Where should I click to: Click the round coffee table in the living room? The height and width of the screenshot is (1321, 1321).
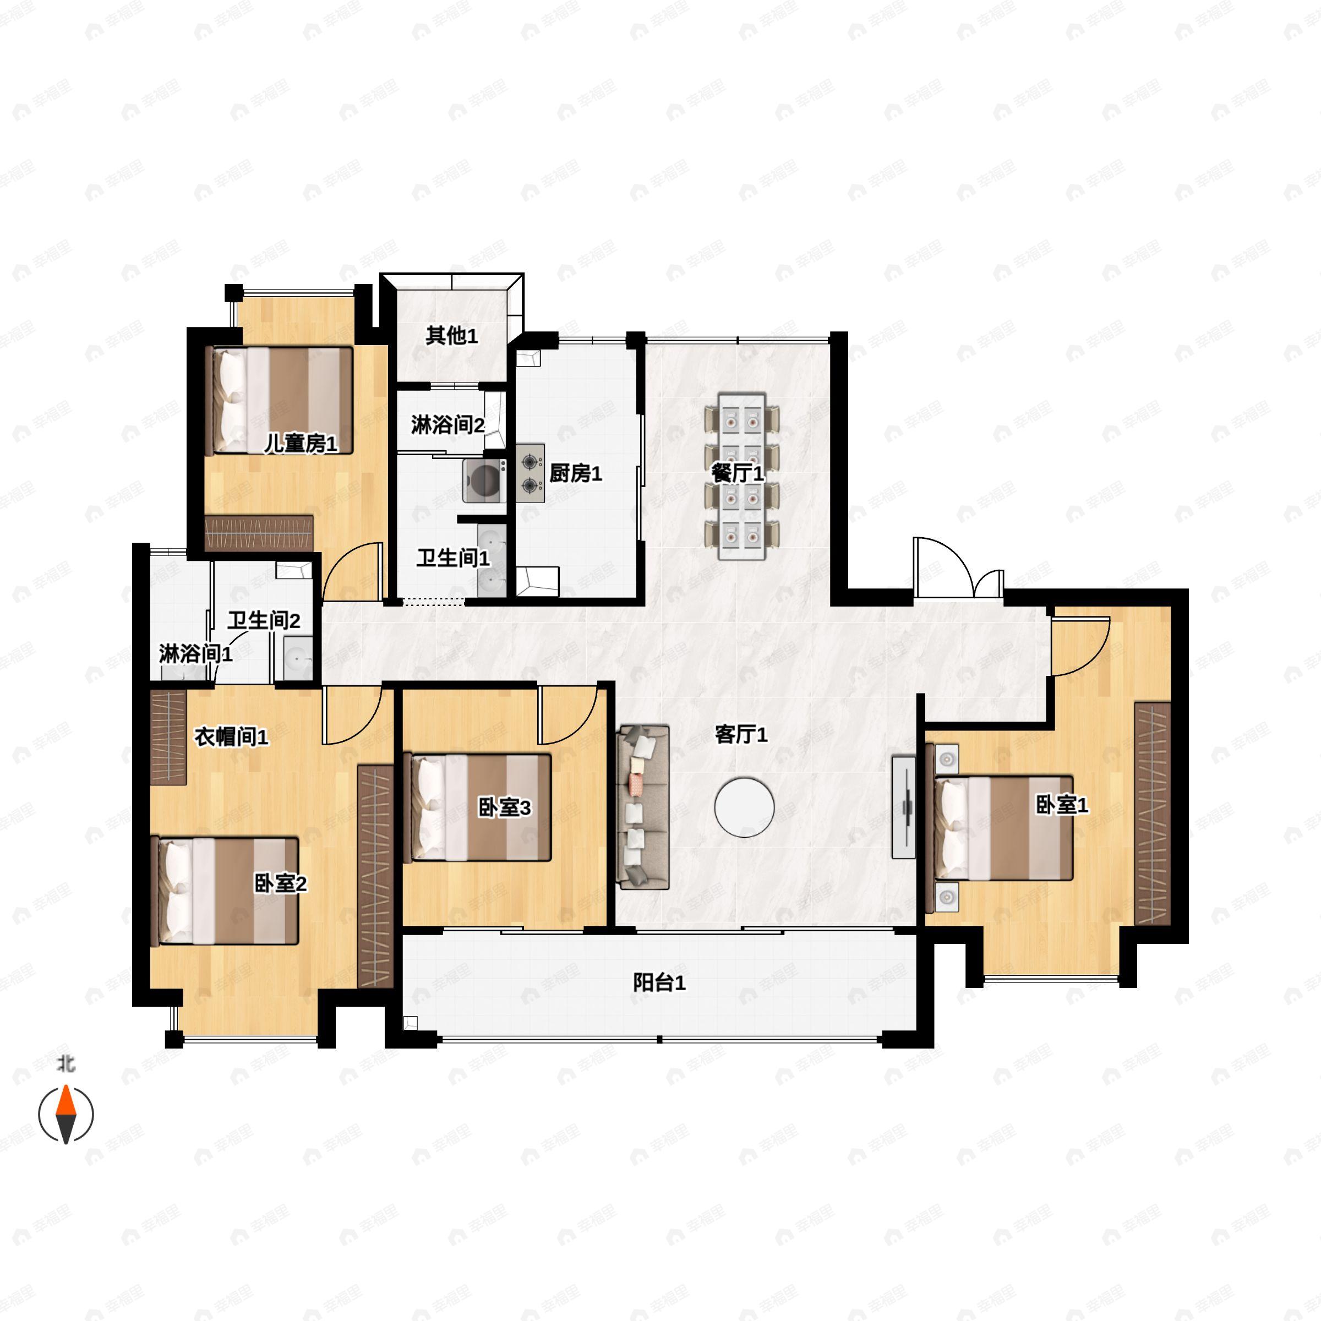(x=745, y=807)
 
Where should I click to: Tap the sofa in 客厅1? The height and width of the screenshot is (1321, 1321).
(x=643, y=807)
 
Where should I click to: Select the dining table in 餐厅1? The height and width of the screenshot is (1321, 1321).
(x=741, y=477)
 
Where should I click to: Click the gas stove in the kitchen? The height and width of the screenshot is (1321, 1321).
(x=530, y=473)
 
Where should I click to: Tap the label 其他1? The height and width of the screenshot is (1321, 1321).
(x=452, y=335)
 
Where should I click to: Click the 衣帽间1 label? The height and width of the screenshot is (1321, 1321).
(x=232, y=736)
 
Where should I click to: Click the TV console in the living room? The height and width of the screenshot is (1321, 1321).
(x=904, y=807)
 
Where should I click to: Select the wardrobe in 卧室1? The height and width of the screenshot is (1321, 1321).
(x=1153, y=814)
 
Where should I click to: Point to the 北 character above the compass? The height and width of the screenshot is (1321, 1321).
(x=66, y=1064)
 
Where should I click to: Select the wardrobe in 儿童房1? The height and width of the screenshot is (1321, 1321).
(x=259, y=533)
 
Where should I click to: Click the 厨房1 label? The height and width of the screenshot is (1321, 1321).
(x=576, y=473)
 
